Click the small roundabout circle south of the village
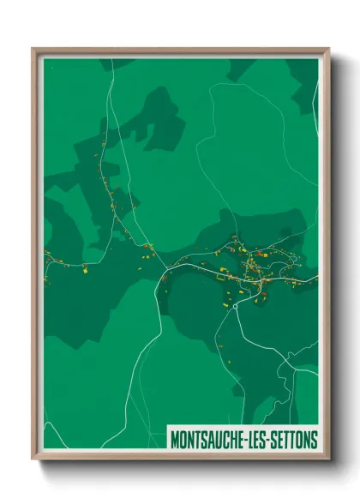pos(235,305)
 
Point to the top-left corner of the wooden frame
pos(33,49)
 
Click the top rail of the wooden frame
pos(180,50)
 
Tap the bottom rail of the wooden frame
pos(180,457)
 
